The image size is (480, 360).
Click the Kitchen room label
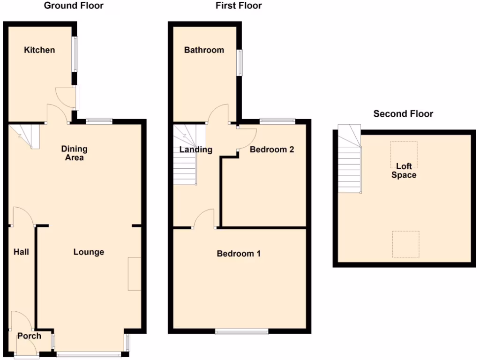[x=40, y=50]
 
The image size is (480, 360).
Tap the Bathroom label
[x=204, y=50]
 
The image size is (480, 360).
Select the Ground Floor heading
[x=74, y=6]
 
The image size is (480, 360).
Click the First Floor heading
[x=239, y=6]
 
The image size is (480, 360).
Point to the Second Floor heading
[x=403, y=114]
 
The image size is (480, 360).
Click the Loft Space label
[x=404, y=171]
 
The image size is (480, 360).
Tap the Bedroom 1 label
[x=239, y=254]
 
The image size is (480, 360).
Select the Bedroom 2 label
[x=272, y=150]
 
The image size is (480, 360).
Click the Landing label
[x=196, y=150]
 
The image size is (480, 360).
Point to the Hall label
[x=21, y=252]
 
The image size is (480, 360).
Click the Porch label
[x=29, y=336]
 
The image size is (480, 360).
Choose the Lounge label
[x=89, y=252]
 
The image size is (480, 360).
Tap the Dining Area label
[x=75, y=153]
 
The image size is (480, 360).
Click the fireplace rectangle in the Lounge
[x=135, y=273]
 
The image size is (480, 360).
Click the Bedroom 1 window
[x=242, y=332]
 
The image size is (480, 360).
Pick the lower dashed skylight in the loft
[x=406, y=244]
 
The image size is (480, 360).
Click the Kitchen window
[x=75, y=54]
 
